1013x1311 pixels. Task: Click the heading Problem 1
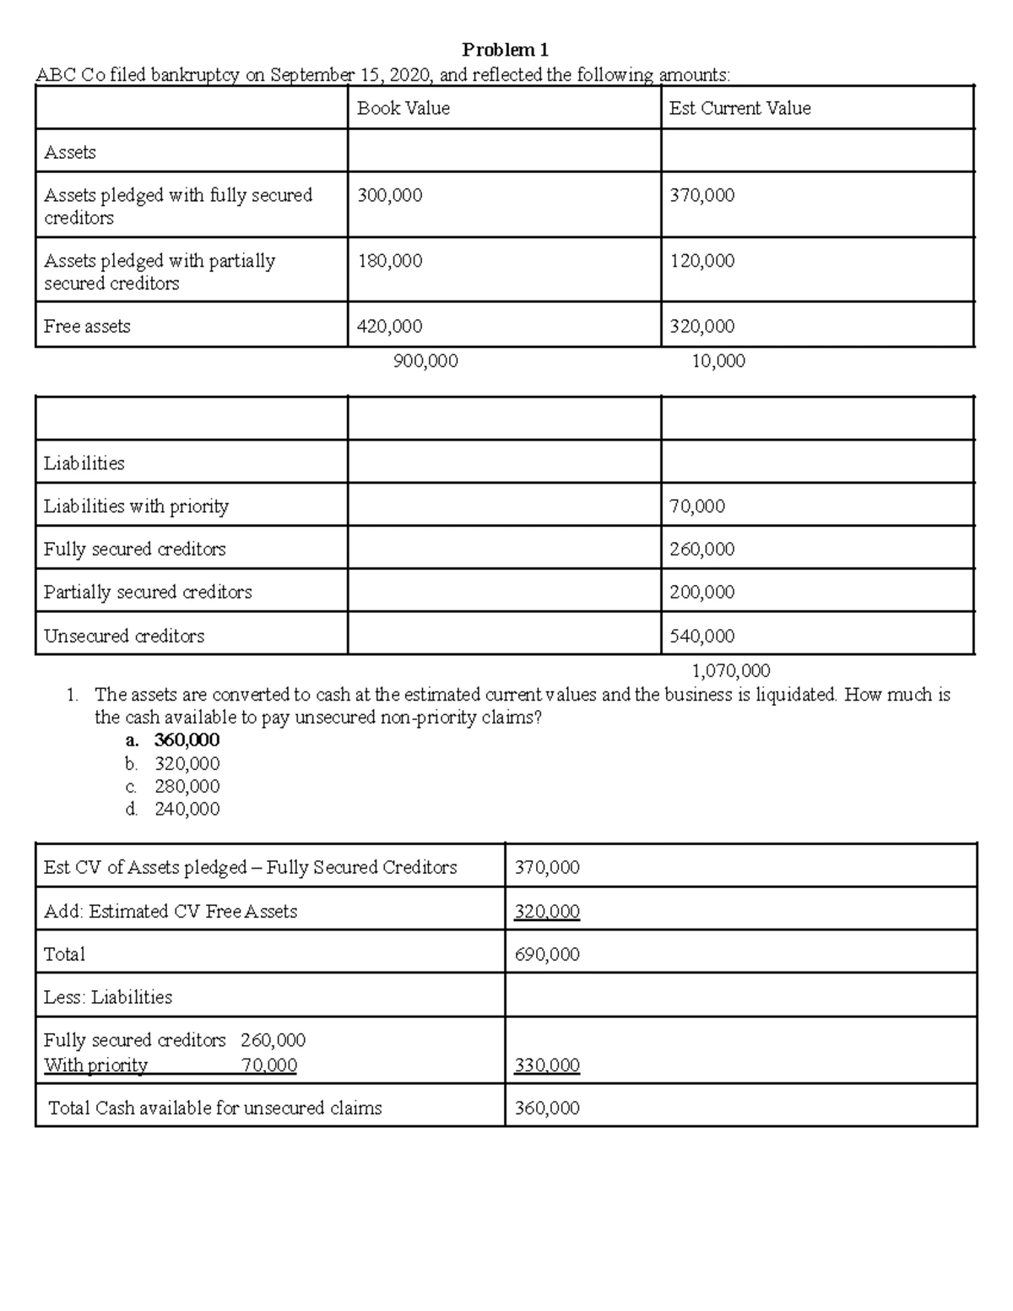pos(505,50)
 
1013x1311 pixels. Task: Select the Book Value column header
pos(403,108)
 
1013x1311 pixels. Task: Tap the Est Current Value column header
pos(739,108)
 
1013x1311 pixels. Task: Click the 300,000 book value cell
pos(389,195)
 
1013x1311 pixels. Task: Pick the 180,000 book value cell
pos(389,261)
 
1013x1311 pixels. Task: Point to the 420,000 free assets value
pos(389,326)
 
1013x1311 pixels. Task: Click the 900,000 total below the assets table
pos(425,361)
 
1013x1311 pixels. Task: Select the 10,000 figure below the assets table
pos(718,361)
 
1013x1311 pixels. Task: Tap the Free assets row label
pos(87,326)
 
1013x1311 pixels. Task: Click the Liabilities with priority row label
pos(136,506)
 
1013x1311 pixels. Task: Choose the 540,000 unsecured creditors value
pos(702,636)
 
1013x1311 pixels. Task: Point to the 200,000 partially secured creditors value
pos(702,592)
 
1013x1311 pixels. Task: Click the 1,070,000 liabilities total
pos(730,671)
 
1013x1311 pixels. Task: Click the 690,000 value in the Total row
pos(547,954)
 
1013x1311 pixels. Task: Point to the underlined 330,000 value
pos(547,1065)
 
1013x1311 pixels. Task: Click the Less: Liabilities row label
pos(107,997)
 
